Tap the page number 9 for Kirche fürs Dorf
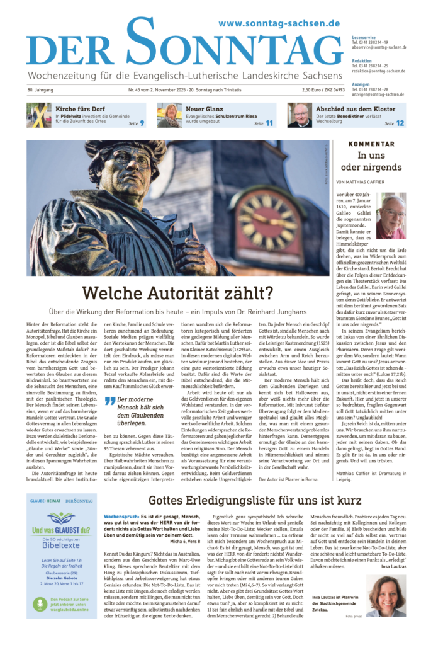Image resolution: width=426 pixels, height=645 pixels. coord(142,123)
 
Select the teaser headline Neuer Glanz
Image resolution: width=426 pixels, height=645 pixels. coord(203,108)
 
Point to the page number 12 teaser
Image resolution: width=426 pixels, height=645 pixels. coord(400,123)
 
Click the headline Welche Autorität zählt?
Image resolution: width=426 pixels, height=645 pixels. coord(178,293)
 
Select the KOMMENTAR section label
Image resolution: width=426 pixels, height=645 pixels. coord(376,144)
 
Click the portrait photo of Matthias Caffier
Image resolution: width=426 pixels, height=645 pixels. coord(391,215)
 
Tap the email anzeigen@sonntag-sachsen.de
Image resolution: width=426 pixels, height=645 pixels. coord(378,94)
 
